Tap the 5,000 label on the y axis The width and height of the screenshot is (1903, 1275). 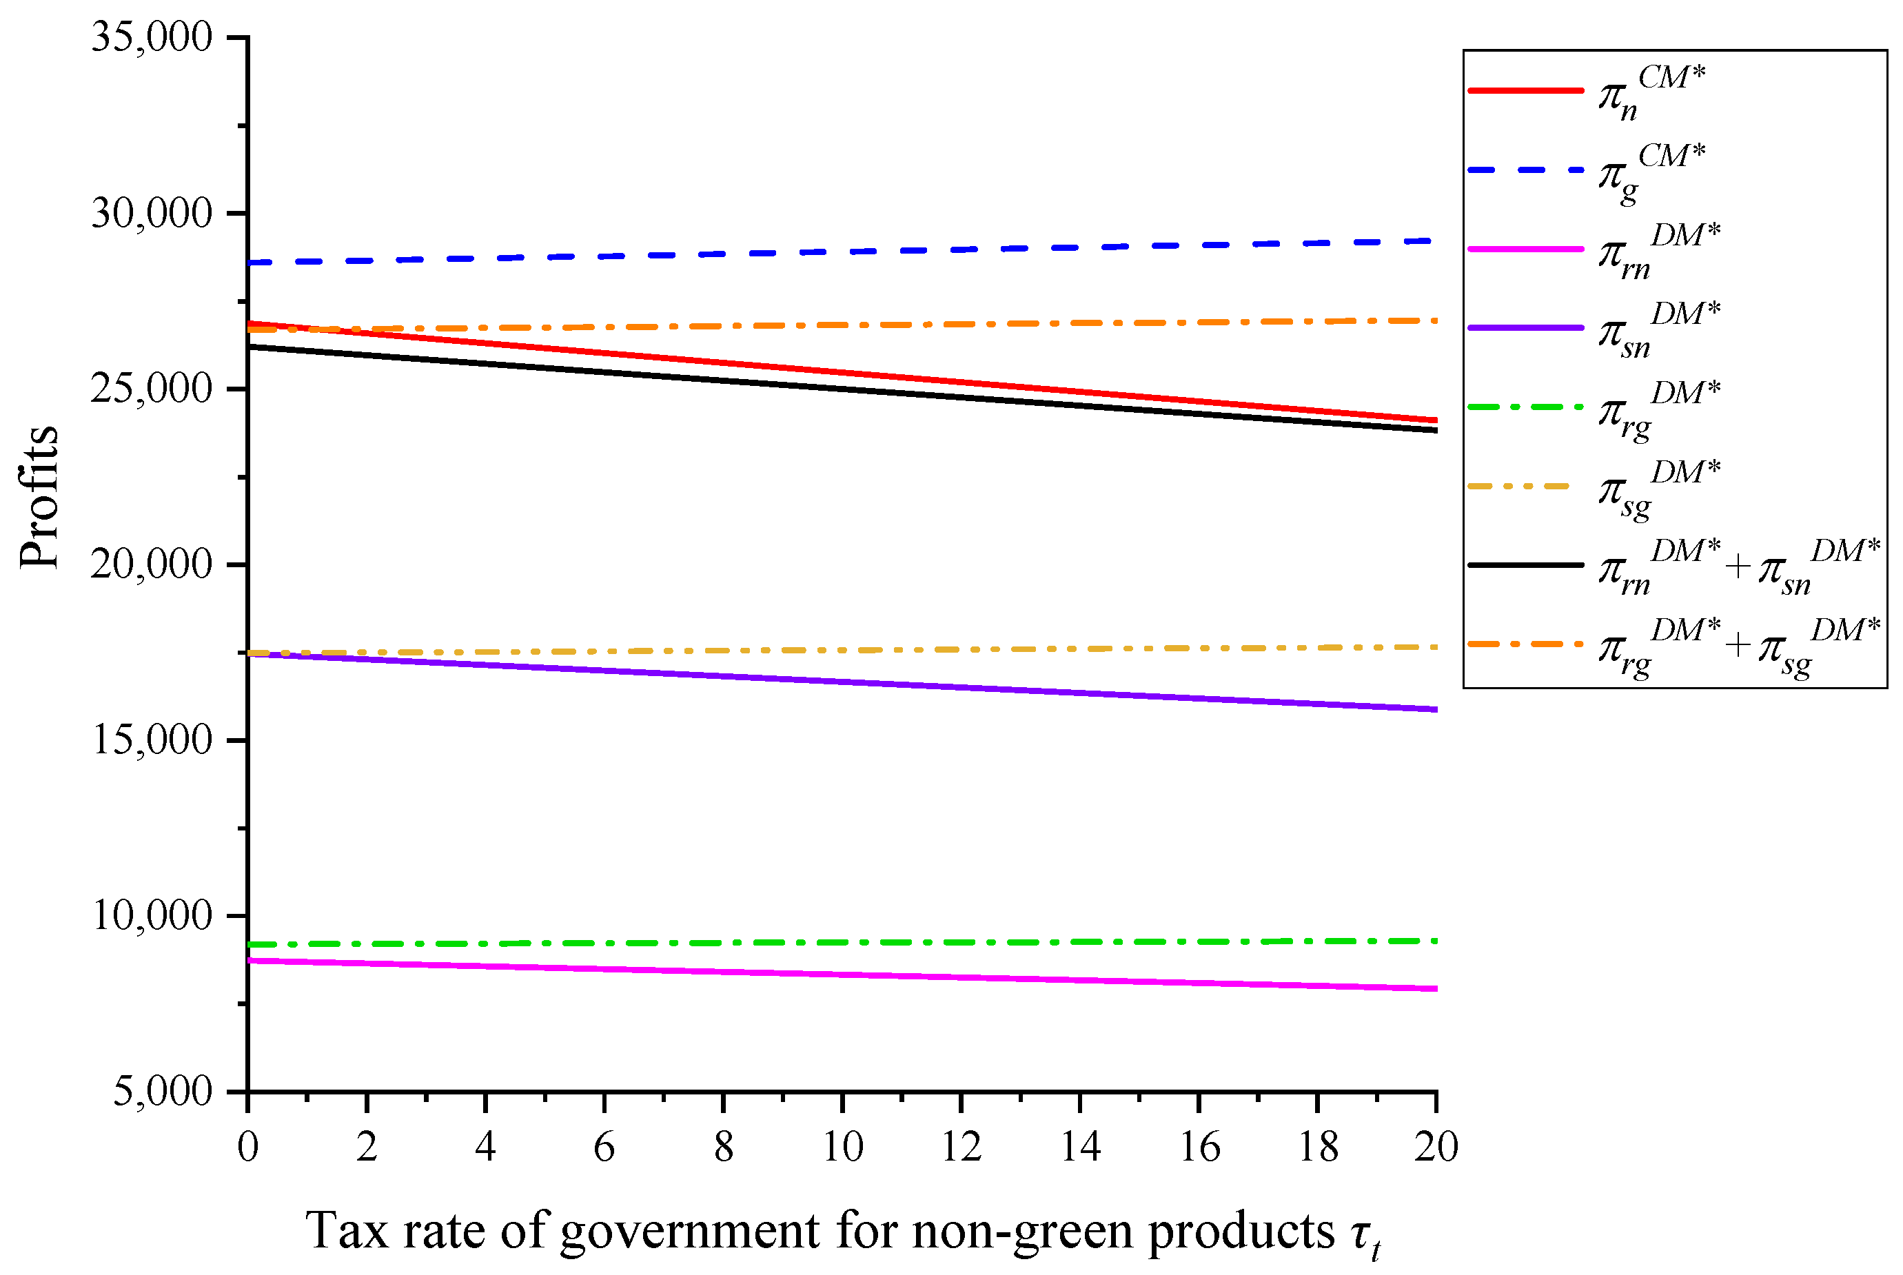point(162,1090)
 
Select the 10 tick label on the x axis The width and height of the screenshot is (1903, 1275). point(842,1147)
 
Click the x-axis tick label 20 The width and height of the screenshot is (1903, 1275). point(1436,1147)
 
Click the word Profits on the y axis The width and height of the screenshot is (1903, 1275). point(39,498)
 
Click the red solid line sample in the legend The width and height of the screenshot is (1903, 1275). point(1526,90)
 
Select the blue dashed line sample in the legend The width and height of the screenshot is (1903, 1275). point(1526,170)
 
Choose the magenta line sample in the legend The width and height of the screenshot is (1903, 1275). point(1526,249)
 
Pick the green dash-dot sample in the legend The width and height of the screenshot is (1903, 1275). point(1526,407)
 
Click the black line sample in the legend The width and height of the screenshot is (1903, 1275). point(1526,564)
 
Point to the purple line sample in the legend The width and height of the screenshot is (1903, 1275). point(1526,327)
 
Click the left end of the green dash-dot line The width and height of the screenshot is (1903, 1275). point(250,945)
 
